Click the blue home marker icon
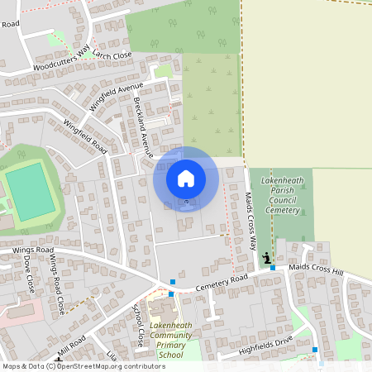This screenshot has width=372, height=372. pyautogui.click(x=186, y=178)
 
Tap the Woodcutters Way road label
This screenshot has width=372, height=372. pyautogui.click(x=60, y=62)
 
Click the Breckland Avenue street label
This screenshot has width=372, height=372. pyautogui.click(x=144, y=127)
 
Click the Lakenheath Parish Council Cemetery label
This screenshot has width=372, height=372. pyautogui.click(x=282, y=195)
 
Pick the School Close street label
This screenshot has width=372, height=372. pyautogui.click(x=138, y=324)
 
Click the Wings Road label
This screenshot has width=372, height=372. pyautogui.click(x=33, y=249)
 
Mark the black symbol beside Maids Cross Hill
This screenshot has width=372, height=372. pyautogui.click(x=267, y=260)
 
